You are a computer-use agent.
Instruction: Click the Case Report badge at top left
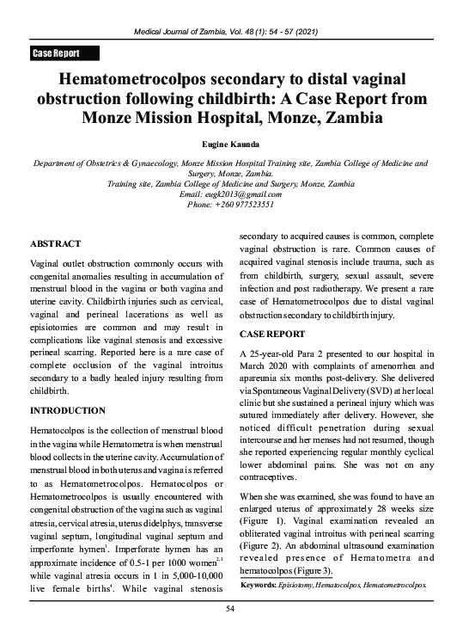[x=56, y=53]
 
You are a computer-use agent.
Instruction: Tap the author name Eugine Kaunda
[x=231, y=148]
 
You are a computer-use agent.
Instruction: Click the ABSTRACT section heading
[x=56, y=244]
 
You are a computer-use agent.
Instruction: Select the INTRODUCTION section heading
[x=68, y=410]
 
